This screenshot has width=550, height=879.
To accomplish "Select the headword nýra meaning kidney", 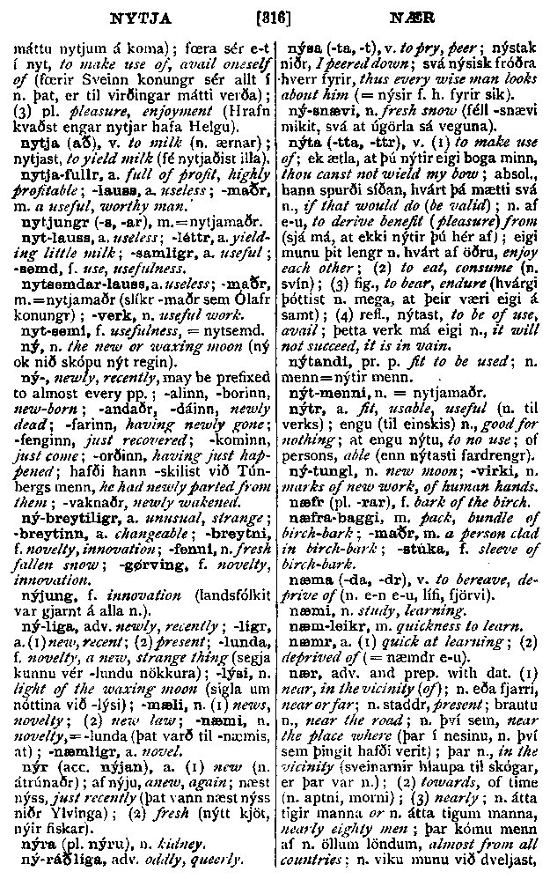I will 36,842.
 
